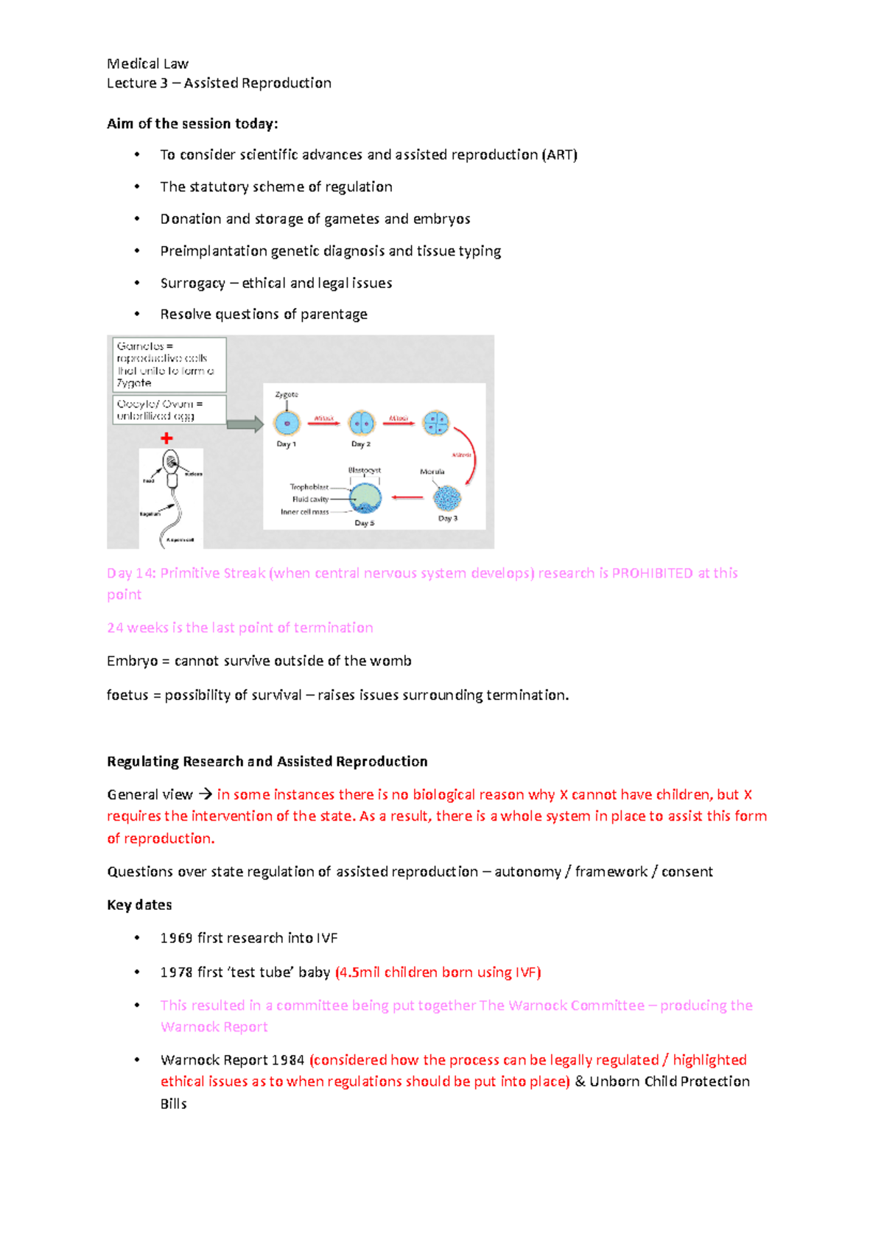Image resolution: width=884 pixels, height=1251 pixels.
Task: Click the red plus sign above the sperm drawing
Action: coord(166,438)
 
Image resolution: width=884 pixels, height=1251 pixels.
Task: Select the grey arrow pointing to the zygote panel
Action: coord(245,424)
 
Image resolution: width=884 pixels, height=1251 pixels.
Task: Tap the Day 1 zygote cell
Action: coord(287,424)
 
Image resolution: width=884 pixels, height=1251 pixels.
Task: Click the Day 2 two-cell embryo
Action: coord(362,424)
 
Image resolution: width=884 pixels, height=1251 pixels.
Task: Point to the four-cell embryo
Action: coord(436,423)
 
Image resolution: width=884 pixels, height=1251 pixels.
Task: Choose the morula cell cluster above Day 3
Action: coord(446,499)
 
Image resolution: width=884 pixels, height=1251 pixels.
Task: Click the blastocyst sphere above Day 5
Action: coord(365,499)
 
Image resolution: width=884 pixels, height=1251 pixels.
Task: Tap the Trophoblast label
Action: coord(309,487)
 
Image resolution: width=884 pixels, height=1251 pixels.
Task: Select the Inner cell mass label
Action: coord(304,512)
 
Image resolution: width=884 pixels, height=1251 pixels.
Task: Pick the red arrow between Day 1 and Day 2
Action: coord(323,424)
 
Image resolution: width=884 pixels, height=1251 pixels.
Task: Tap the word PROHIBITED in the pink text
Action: coord(652,573)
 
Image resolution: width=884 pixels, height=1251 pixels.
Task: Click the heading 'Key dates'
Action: coord(139,905)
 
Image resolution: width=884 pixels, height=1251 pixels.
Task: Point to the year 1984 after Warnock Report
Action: coord(287,1060)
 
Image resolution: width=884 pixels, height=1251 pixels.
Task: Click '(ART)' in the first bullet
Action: coord(559,155)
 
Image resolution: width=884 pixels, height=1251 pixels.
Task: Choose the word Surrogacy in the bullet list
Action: coord(192,283)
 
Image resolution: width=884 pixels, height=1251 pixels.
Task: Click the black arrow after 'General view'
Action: coord(205,794)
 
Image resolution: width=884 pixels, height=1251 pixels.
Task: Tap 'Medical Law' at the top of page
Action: coord(147,63)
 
